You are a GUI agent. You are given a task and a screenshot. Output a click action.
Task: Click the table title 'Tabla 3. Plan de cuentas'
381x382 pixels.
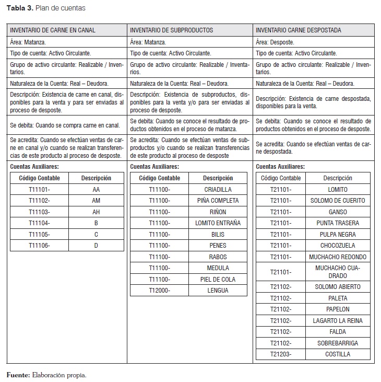[46, 8]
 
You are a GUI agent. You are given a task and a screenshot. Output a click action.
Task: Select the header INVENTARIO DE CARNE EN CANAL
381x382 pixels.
[53, 30]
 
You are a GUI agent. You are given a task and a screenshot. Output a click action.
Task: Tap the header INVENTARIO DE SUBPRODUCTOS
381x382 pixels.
[171, 30]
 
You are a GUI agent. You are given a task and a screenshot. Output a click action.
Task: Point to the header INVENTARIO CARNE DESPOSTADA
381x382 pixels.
[299, 30]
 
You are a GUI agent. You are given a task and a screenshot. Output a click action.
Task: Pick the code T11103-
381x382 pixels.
[40, 212]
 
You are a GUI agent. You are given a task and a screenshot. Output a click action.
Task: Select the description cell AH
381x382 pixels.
[96, 212]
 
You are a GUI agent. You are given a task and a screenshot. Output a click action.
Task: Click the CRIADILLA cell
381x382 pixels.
[218, 190]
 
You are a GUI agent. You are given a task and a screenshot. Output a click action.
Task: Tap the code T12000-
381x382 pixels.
[159, 290]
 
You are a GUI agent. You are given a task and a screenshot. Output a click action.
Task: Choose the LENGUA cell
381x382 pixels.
[218, 290]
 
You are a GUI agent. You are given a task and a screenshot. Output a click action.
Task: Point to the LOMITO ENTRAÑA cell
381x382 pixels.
[218, 223]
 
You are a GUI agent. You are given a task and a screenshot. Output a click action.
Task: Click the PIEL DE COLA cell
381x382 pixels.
[218, 279]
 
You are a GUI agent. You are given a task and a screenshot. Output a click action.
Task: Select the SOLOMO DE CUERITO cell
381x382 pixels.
[338, 201]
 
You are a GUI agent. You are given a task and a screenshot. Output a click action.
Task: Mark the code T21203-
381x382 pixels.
[281, 354]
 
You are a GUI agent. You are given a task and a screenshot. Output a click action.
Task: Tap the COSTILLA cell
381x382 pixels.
[338, 354]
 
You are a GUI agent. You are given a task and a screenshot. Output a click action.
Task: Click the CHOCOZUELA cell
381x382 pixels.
[338, 246]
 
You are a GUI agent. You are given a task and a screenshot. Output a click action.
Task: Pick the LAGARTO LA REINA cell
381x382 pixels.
[338, 321]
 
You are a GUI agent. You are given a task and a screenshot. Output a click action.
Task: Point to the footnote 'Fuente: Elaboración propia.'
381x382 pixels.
[46, 375]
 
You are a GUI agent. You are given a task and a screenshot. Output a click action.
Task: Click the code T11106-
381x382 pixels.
[40, 245]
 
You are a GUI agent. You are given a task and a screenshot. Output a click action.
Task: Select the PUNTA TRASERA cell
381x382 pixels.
[338, 223]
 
